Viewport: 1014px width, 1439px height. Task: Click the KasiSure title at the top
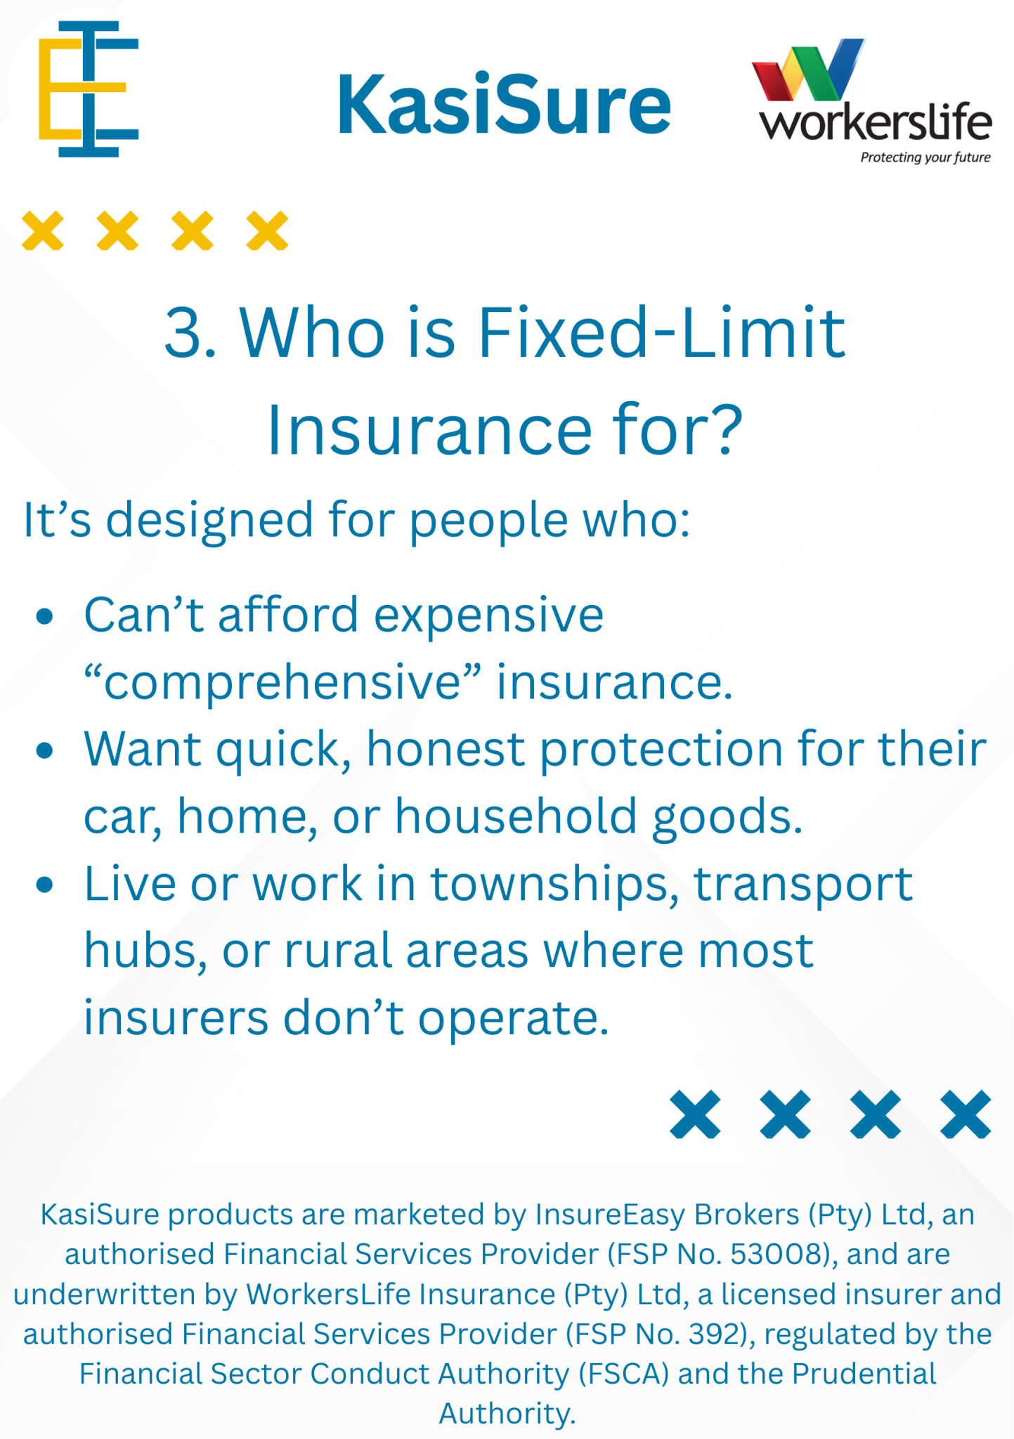pyautogui.click(x=504, y=105)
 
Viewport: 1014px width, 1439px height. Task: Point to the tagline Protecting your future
pyautogui.click(x=925, y=157)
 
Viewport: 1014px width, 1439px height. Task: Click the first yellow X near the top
pyautogui.click(x=43, y=230)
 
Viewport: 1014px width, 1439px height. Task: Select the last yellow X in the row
pyautogui.click(x=267, y=230)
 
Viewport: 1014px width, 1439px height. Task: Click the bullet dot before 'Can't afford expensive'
pyautogui.click(x=45, y=617)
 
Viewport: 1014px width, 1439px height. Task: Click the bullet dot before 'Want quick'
pyautogui.click(x=45, y=751)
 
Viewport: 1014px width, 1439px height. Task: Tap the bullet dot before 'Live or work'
pyautogui.click(x=45, y=885)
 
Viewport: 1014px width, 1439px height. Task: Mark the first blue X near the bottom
pyautogui.click(x=695, y=1114)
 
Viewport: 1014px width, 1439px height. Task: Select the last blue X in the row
pyautogui.click(x=966, y=1114)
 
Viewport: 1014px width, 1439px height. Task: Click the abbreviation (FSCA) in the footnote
pyautogui.click(x=624, y=1374)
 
